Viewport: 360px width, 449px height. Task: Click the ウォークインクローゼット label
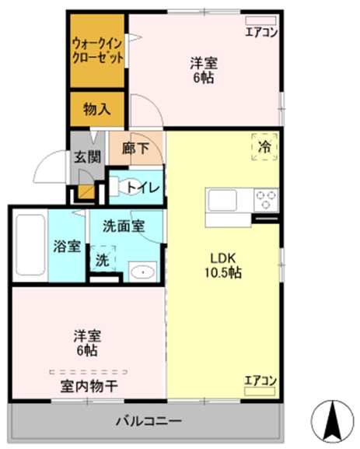(x=97, y=49)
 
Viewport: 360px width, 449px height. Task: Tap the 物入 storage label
(x=97, y=110)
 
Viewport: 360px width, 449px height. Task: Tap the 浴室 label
(x=66, y=247)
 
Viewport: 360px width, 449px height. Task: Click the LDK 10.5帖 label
(x=222, y=265)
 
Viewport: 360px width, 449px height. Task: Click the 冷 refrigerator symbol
(x=264, y=146)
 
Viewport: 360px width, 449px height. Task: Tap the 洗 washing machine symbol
(x=103, y=260)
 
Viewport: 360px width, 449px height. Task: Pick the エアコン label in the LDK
(x=260, y=381)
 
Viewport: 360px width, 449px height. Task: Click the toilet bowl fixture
(x=118, y=187)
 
